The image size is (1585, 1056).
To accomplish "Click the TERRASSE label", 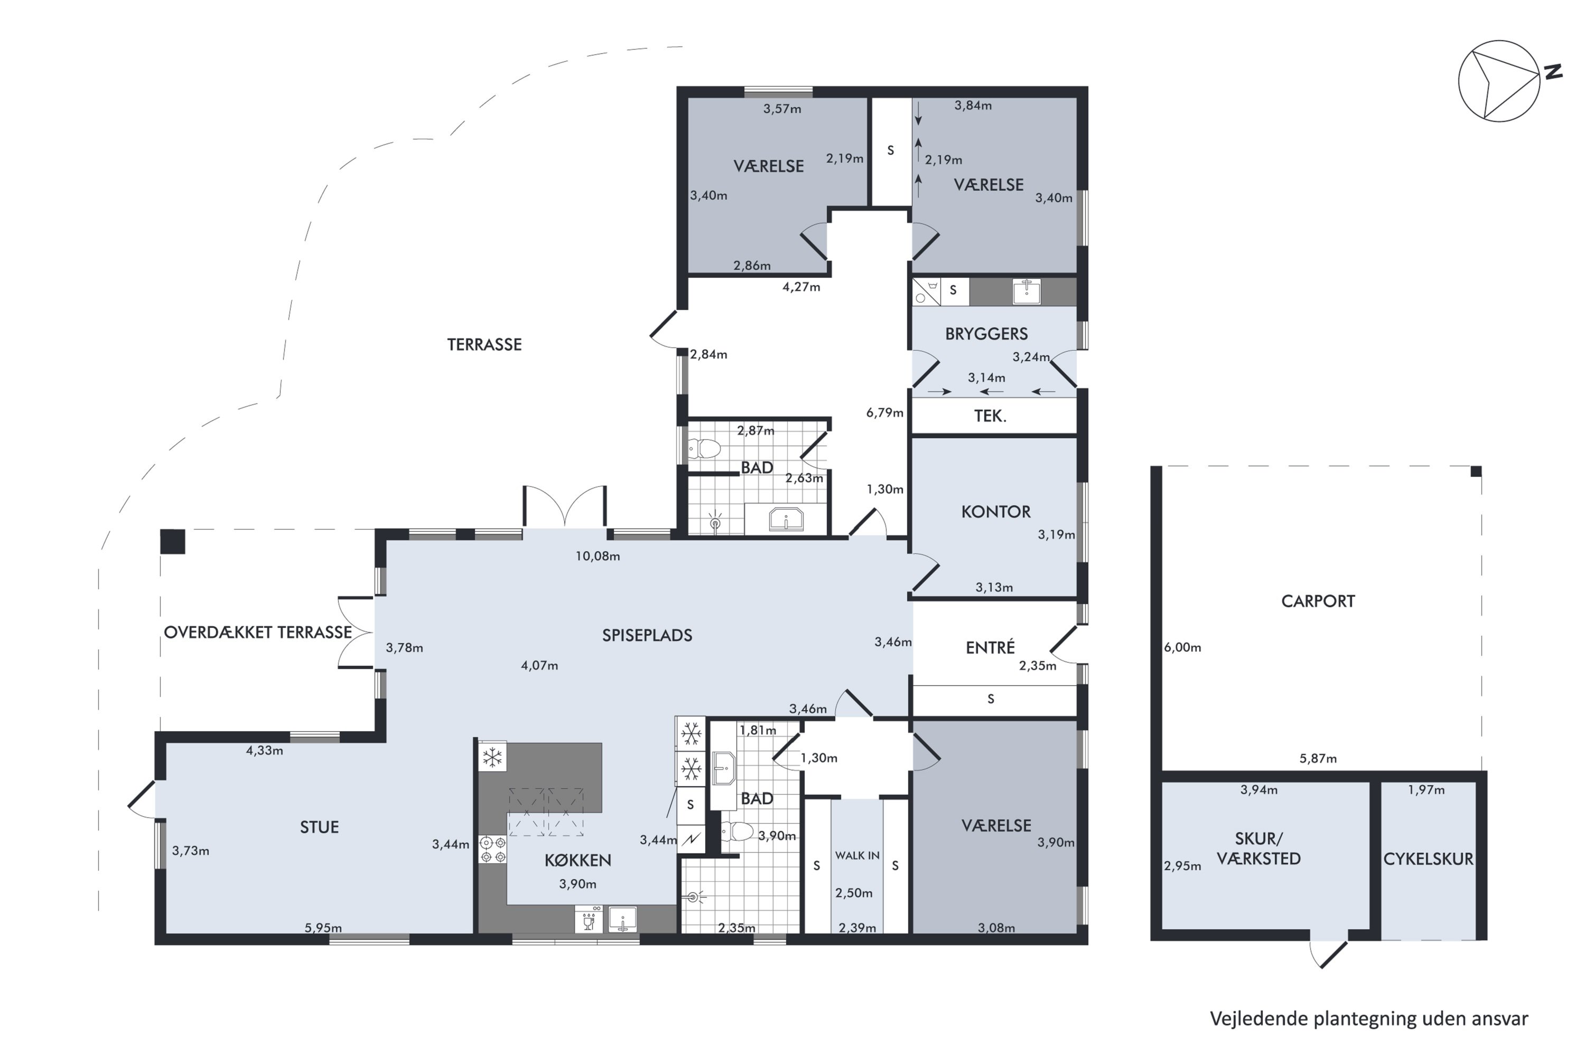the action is point(484,344).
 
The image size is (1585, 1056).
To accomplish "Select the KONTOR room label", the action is point(995,512).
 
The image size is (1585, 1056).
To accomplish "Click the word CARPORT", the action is point(1318,601).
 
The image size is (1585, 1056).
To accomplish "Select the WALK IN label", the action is point(857,855).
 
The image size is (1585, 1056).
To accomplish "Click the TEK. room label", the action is point(990,416).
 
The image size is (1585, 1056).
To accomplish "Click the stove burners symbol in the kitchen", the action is point(492,848).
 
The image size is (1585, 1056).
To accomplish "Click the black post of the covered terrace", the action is point(173,542).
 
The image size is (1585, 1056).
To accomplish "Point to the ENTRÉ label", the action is point(990,647).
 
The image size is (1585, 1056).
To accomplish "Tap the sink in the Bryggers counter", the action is point(1027,291).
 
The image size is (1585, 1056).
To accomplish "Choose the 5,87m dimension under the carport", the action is point(1318,758).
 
